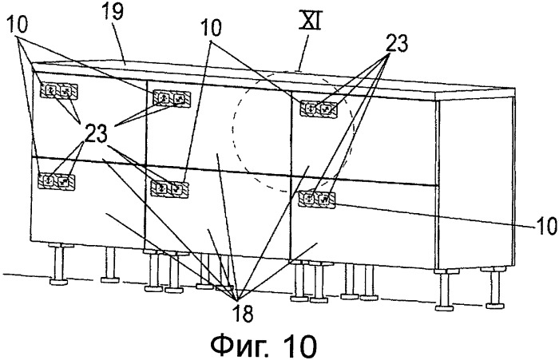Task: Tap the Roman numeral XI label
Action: click(310, 23)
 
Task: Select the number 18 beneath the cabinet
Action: click(243, 313)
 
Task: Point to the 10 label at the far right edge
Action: click(545, 225)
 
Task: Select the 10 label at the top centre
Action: click(211, 27)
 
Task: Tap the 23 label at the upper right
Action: click(395, 44)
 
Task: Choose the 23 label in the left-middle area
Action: click(96, 134)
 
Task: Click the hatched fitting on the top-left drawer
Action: click(59, 91)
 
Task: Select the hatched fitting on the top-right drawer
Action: click(319, 109)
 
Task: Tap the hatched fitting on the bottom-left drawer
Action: click(57, 180)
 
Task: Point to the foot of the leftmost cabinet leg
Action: click(58, 282)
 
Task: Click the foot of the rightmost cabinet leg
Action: click(496, 305)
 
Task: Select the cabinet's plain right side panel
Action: click(476, 184)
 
